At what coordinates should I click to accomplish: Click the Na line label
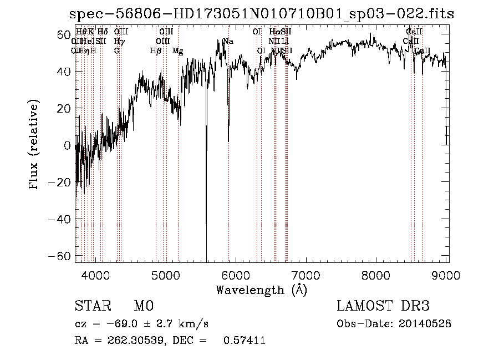(227, 42)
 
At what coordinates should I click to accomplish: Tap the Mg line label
(177, 51)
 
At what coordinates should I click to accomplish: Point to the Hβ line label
(156, 51)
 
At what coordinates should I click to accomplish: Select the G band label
(117, 51)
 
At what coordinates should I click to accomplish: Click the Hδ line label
(103, 32)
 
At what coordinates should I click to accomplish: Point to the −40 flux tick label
(62, 220)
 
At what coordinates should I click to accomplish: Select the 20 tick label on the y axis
(65, 109)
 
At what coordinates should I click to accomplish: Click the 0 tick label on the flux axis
(68, 145)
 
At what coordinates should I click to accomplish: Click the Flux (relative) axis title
(35, 145)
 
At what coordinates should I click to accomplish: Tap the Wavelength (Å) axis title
(261, 290)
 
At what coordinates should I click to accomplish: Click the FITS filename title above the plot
(261, 14)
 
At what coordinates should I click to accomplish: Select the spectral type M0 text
(143, 306)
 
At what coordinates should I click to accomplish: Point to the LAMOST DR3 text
(383, 306)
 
